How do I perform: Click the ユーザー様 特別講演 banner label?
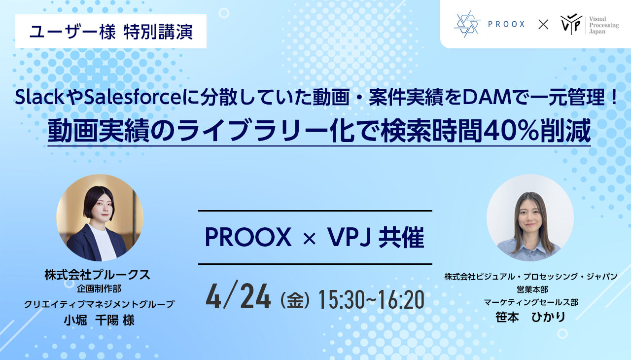(x=111, y=31)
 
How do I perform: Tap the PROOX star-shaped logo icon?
(x=467, y=24)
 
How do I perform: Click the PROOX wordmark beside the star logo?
(x=506, y=24)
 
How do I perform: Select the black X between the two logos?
(x=543, y=24)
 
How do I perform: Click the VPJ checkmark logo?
(x=571, y=24)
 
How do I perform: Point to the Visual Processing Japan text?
(x=604, y=25)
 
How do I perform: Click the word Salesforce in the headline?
(x=133, y=97)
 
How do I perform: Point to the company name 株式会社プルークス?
(x=97, y=275)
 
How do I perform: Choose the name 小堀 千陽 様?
(x=99, y=320)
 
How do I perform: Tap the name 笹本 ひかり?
(x=530, y=317)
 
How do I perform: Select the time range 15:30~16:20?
(x=371, y=299)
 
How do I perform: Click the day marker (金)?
(x=295, y=300)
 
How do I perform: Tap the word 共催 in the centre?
(x=401, y=238)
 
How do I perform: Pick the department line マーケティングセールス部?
(x=531, y=302)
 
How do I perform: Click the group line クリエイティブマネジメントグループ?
(x=99, y=304)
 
